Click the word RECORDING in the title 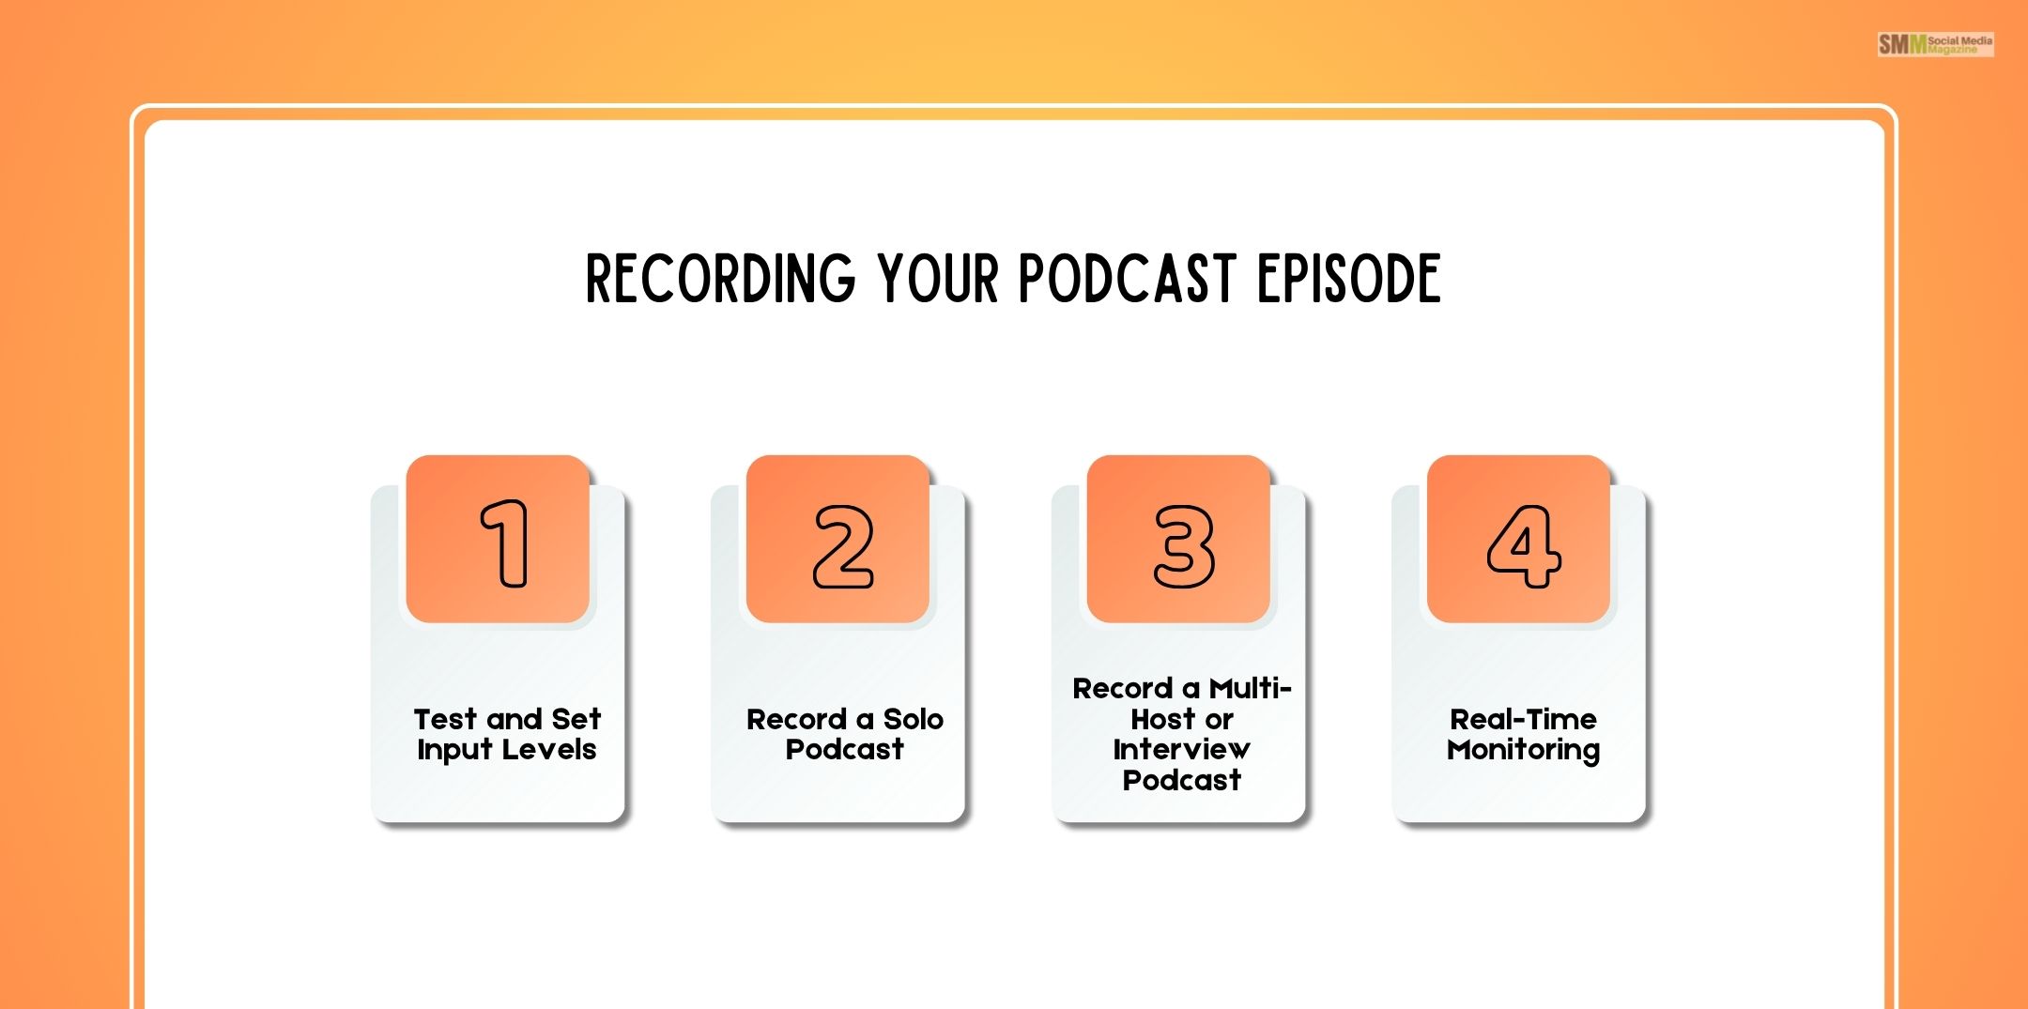[720, 279]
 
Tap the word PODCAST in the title [1126, 279]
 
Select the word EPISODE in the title [1348, 279]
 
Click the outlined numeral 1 [505, 543]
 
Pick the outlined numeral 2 [843, 546]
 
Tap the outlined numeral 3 [1184, 546]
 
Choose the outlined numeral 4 [1523, 546]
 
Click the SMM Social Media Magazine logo [1935, 44]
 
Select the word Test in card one [445, 719]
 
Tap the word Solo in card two [913, 719]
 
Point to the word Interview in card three [1181, 749]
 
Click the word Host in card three [1161, 719]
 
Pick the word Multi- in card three [1250, 689]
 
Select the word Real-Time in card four [1523, 719]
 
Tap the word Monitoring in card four [1523, 750]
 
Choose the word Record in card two [796, 719]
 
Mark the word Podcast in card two [844, 750]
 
